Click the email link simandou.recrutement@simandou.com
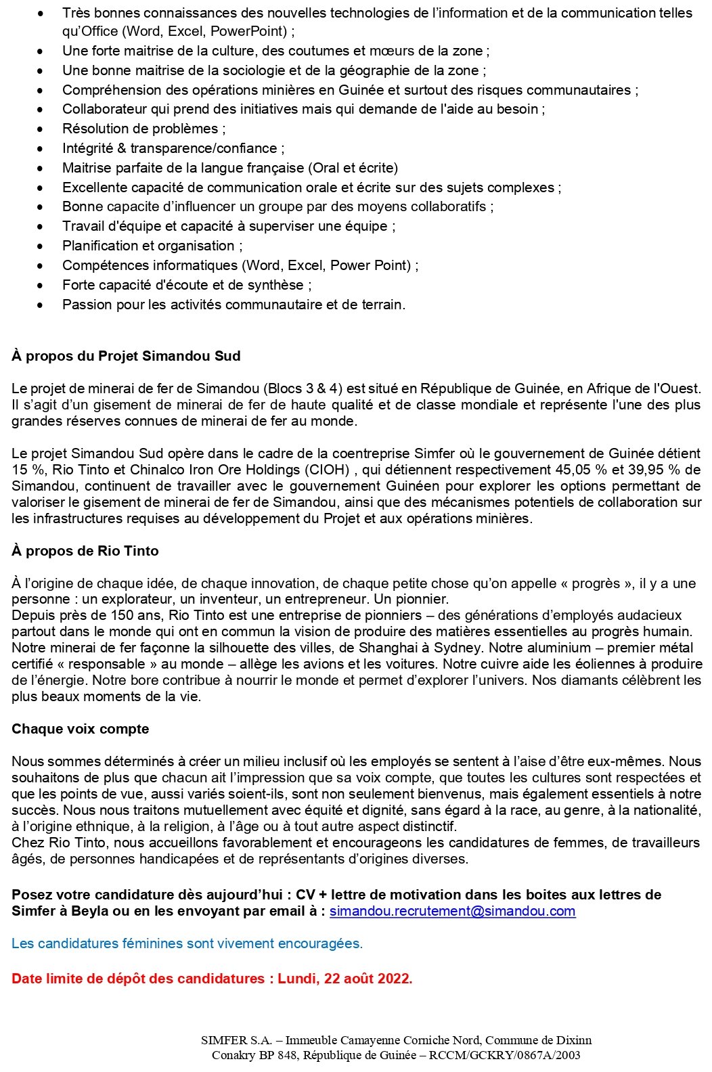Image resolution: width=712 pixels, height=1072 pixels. coord(452,911)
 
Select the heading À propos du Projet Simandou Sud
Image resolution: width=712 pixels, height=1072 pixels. coord(126,356)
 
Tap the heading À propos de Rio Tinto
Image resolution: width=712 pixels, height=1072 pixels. coord(85,551)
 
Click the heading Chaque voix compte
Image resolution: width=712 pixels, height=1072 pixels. coord(80,729)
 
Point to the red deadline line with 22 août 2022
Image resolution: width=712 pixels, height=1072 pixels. coord(212,979)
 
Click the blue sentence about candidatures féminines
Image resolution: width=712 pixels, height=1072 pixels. coord(187,943)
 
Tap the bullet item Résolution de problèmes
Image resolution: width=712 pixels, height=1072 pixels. coord(143,129)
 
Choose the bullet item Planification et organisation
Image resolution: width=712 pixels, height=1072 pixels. coord(152,246)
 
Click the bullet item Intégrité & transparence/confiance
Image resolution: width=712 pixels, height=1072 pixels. coord(173,148)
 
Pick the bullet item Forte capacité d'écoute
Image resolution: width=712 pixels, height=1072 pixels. coord(186,285)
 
